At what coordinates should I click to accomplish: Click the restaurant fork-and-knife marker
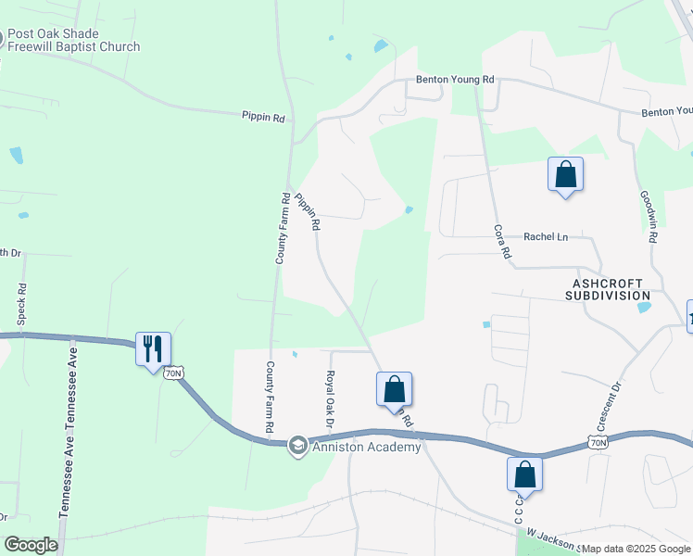coord(153,349)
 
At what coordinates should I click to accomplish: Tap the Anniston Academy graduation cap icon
coord(297,447)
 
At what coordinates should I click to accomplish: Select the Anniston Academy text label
coord(366,447)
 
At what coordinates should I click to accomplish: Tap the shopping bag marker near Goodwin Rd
coord(565,175)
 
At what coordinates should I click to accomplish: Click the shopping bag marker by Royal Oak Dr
coord(394,389)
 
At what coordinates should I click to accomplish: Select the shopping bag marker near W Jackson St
coord(524,474)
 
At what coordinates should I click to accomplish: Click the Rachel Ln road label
coord(546,236)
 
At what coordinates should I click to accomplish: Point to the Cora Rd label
coord(502,241)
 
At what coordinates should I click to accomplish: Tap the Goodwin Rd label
coord(649,218)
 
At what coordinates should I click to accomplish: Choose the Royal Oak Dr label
coord(328,399)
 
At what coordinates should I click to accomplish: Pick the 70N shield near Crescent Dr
coord(598,443)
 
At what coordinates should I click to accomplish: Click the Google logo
coord(31,545)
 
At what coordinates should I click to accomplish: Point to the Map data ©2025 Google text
coord(636,549)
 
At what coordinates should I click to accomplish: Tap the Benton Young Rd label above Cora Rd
coord(455,80)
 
